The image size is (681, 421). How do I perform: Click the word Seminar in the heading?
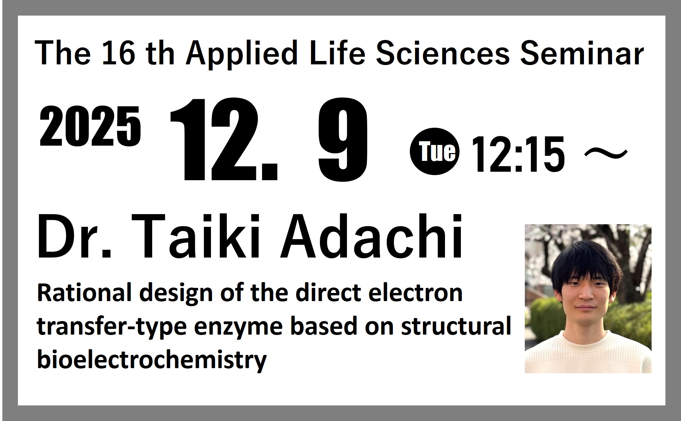tap(582, 54)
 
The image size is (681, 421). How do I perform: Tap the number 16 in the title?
tap(118, 53)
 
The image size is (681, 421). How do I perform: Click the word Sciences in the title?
tap(443, 54)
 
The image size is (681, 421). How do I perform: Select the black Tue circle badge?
tap(435, 151)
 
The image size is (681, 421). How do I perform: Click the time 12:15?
tap(518, 154)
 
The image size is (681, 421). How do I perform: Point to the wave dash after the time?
tap(606, 154)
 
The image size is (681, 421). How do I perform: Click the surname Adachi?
tap(371, 236)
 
